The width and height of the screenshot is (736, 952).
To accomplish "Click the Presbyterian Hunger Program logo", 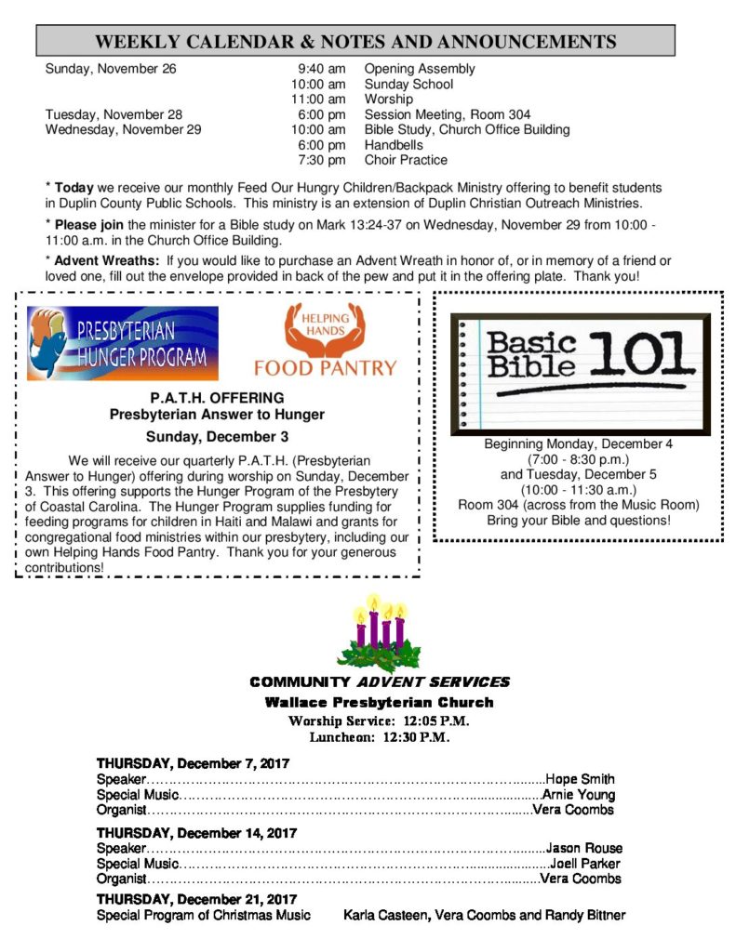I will (x=122, y=343).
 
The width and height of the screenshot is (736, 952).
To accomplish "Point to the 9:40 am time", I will (x=321, y=69).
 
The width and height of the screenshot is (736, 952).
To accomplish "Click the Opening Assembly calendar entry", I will (x=420, y=69).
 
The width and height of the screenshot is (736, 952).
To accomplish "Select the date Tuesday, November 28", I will (x=114, y=114).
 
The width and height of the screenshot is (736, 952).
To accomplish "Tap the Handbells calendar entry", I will (x=394, y=145).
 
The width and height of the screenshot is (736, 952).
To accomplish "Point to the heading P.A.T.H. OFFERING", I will (x=217, y=399).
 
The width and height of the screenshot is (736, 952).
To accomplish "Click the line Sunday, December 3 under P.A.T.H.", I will (x=217, y=436).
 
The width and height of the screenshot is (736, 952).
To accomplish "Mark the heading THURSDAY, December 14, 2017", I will (x=196, y=832).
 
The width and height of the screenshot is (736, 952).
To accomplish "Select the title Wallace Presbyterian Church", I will (x=379, y=702).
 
